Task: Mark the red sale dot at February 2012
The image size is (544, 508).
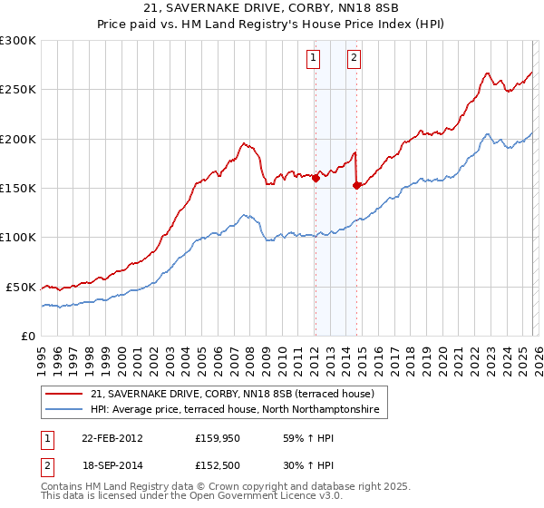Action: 316,179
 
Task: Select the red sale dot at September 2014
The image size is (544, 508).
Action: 356,186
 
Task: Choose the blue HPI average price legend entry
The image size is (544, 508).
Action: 238,410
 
